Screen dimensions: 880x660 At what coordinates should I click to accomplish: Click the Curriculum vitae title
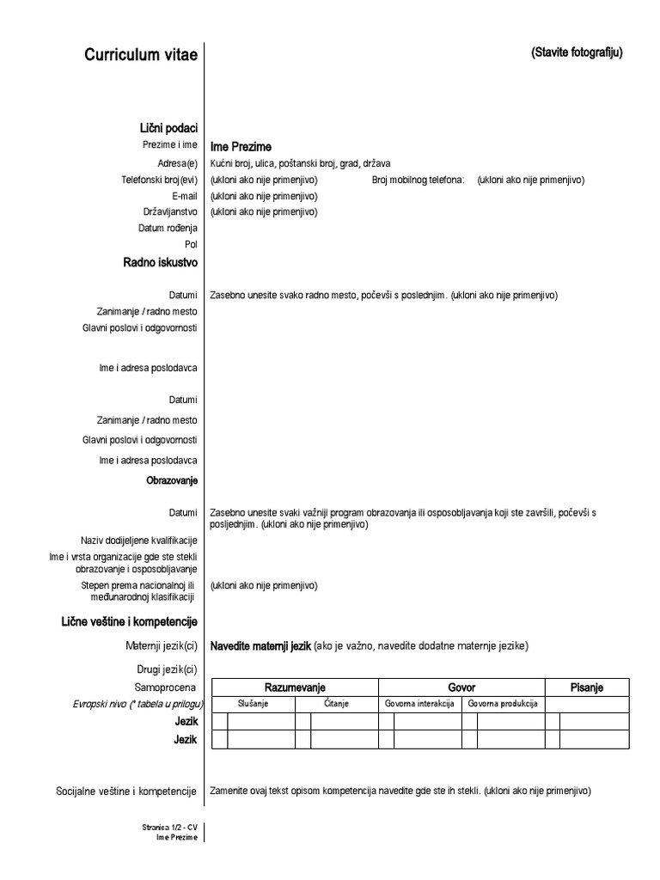(x=141, y=55)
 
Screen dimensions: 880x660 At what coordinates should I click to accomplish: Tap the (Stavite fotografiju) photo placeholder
(x=577, y=52)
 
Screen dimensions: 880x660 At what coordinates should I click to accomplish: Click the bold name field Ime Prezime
(x=241, y=147)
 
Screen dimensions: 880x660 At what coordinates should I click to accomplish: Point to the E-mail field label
(x=184, y=196)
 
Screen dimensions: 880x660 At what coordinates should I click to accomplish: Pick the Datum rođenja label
(x=168, y=229)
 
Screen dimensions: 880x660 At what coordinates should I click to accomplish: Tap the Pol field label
(x=191, y=245)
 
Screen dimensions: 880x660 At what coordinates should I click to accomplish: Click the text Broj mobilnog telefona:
(x=418, y=180)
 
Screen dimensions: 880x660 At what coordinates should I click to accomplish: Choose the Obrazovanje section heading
(x=172, y=481)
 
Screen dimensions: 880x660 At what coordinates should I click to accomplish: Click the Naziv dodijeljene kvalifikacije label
(x=139, y=541)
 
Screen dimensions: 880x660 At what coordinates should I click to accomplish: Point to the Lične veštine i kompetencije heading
(x=130, y=621)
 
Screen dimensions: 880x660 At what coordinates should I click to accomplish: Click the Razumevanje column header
(x=295, y=687)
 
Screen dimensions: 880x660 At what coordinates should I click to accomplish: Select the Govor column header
(x=461, y=687)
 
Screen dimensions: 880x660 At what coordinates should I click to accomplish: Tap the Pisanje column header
(x=587, y=687)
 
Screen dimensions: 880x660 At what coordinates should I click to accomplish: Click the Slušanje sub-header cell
(x=254, y=704)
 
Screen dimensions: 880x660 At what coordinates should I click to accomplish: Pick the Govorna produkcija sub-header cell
(x=503, y=704)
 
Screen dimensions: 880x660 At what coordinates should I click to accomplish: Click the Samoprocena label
(x=165, y=687)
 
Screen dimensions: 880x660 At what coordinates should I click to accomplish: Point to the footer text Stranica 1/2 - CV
(x=169, y=828)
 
